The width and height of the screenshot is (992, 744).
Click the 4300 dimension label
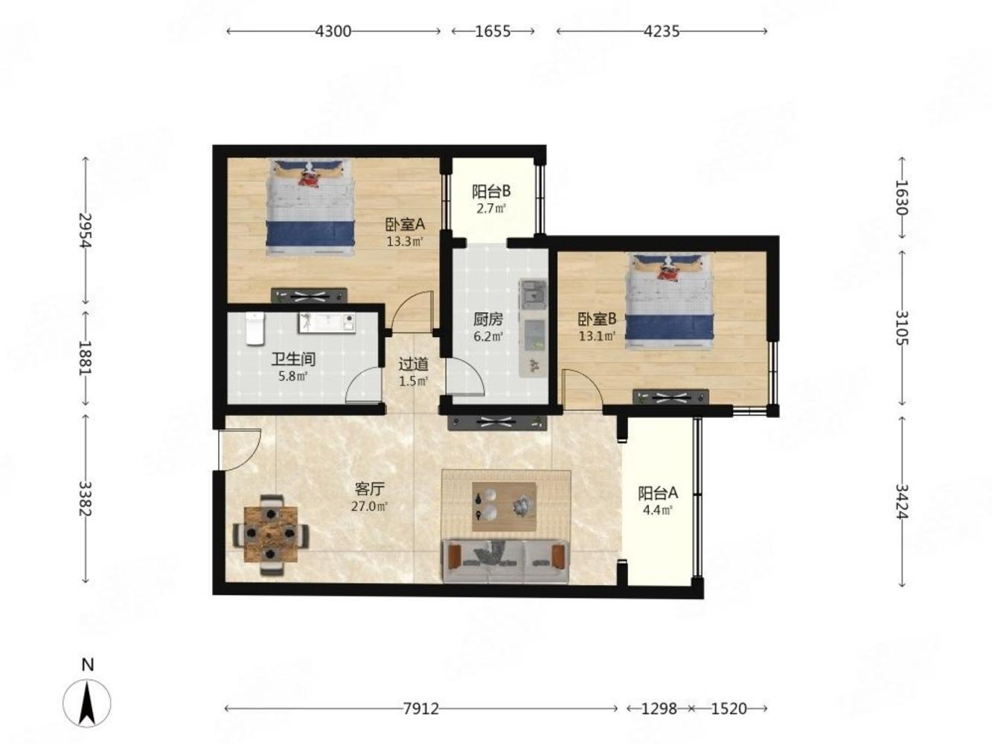pos(333,31)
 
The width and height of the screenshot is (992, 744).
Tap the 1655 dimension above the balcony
pos(493,31)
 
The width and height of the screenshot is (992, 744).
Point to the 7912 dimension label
pos(420,708)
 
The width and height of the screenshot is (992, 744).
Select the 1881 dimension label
pos(85,357)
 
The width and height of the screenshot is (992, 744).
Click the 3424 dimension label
pos(902,501)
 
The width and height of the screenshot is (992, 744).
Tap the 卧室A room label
pos(405,224)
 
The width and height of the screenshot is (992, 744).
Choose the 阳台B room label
pos(491,191)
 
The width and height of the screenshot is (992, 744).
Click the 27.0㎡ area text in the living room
pos(369,506)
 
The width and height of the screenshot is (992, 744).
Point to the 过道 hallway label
pos(414,364)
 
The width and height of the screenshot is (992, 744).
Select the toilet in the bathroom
pos(255,329)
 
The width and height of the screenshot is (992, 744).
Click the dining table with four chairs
pos(271,534)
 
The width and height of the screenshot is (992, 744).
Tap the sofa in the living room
pos(505,560)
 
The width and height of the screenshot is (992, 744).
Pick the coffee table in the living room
pos(504,506)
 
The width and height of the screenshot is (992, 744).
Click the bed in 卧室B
pos(669,301)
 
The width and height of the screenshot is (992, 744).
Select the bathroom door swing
pos(363,385)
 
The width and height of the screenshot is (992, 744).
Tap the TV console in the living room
pos(496,423)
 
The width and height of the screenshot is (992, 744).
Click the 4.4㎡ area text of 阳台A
pos(658,510)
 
